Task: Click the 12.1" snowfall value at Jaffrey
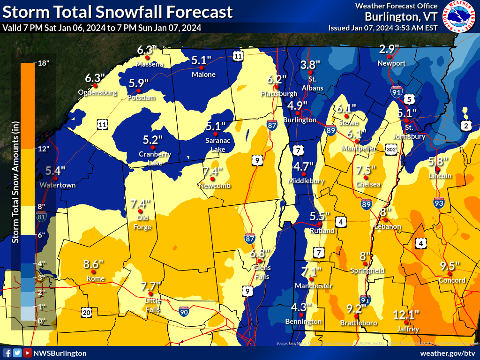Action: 406,315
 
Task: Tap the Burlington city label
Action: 300,120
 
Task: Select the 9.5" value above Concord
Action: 450,266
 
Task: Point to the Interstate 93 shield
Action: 439,203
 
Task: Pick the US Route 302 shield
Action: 392,149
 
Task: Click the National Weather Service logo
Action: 460,16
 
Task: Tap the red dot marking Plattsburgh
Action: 277,87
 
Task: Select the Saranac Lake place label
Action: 216,145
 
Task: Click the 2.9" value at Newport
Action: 389,49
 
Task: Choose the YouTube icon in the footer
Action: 28,353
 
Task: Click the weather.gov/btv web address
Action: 448,353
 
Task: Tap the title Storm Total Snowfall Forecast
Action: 117,12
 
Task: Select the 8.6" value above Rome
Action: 93,264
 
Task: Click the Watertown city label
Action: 58,185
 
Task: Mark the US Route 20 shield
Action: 86,312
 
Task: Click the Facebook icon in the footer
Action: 7,353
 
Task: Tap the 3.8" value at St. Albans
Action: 310,65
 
